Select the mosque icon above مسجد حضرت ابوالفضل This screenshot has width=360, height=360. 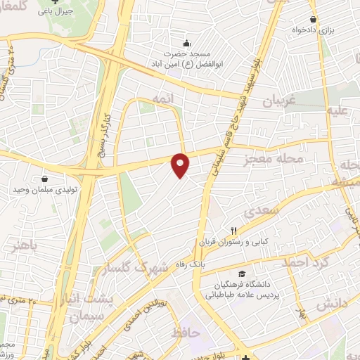pos(186,41)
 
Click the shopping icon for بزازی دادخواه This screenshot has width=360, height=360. pos(314,19)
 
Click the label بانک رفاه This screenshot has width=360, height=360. pos(211,257)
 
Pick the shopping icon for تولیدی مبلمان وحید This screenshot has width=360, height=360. pos(44,180)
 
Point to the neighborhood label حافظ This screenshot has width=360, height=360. pos(186,332)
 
